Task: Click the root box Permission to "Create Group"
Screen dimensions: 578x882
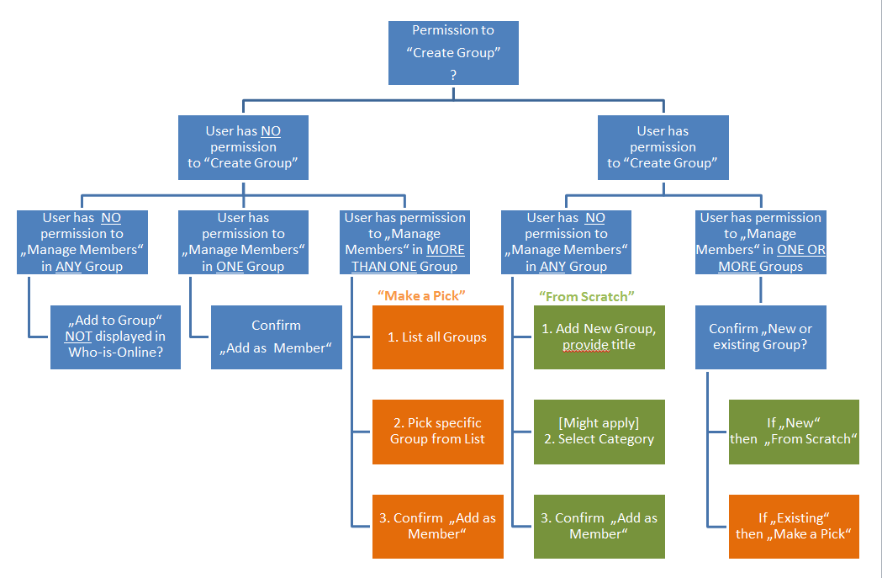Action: (453, 52)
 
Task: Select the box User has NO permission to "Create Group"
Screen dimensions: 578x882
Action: (243, 147)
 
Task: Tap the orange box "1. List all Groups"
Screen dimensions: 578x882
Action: (437, 337)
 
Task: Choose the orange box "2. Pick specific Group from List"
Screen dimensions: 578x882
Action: (437, 431)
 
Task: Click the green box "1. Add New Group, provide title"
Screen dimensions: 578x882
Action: (599, 337)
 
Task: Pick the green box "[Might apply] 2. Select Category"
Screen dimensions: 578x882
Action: (599, 431)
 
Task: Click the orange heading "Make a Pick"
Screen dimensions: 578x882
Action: (421, 295)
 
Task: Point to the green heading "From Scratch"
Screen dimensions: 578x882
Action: (586, 295)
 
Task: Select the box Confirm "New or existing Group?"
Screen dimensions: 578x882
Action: (760, 337)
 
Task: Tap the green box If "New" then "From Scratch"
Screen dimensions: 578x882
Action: (794, 431)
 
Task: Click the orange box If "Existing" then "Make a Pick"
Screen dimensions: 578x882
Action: (794, 527)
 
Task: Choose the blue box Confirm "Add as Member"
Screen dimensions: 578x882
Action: (276, 337)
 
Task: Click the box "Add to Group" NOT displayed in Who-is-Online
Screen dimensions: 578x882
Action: (115, 337)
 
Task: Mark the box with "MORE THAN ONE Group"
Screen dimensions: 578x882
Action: (404, 242)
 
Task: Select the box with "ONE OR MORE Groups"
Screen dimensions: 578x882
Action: (760, 242)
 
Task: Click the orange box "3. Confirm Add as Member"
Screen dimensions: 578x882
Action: (437, 527)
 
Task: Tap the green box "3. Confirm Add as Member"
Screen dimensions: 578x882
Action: (599, 527)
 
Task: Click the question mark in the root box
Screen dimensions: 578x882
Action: (453, 75)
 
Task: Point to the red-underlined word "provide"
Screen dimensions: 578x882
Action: (586, 346)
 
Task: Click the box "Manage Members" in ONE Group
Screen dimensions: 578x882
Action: (243, 242)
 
